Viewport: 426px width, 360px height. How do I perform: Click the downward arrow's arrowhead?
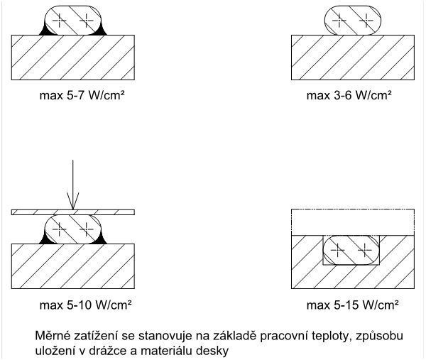click(x=72, y=204)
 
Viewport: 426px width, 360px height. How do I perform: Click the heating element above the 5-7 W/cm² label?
click(x=72, y=21)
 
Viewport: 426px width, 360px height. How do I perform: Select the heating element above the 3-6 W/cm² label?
click(x=351, y=21)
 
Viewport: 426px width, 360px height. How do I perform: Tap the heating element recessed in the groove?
click(x=350, y=251)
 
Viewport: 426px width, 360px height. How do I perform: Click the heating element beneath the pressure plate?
click(x=72, y=229)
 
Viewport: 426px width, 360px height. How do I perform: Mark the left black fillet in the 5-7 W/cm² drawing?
click(x=46, y=31)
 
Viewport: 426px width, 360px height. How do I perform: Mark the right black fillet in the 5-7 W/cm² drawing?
click(x=99, y=31)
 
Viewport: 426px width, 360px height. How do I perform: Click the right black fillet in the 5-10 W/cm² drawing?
click(x=101, y=239)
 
